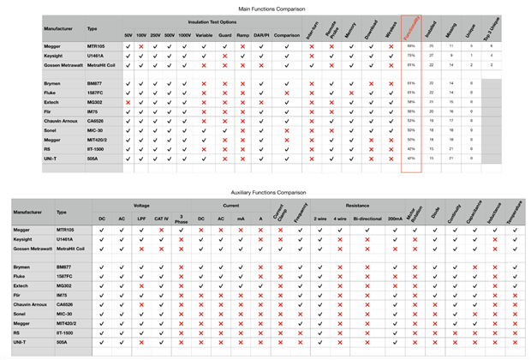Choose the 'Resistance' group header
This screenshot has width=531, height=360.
click(x=357, y=206)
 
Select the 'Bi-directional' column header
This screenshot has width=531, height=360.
click(x=367, y=218)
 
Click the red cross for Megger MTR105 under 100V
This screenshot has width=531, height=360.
click(x=141, y=45)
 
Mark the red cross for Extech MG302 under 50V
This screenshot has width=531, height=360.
click(x=128, y=101)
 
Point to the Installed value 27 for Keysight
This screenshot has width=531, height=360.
click(x=432, y=55)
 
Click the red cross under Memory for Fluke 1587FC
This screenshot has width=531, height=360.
click(x=351, y=92)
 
